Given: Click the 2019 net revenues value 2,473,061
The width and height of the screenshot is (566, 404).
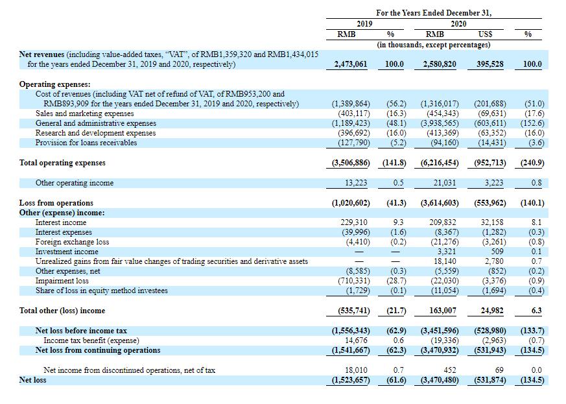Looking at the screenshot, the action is click(x=351, y=64).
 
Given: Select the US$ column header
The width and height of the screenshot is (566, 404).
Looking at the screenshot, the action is click(x=485, y=34).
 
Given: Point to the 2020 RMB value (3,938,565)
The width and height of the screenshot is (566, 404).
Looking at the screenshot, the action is click(x=440, y=123).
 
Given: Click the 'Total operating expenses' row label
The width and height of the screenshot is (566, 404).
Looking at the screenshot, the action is click(x=62, y=163).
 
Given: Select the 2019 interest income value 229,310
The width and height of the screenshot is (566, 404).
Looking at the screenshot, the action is click(x=354, y=222).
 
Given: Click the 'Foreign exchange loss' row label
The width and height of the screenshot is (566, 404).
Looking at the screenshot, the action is click(x=72, y=242).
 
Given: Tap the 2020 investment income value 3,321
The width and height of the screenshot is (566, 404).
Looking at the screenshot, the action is click(x=447, y=252).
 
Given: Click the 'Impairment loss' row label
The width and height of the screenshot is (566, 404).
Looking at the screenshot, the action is click(x=62, y=281).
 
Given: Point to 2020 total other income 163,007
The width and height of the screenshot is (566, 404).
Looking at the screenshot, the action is click(x=443, y=311).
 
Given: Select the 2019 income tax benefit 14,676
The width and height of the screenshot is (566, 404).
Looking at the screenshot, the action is click(x=356, y=340).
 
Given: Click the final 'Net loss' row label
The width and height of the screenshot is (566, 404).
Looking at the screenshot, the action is click(x=33, y=380).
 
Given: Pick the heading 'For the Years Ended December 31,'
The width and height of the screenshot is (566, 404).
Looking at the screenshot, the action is click(x=434, y=13).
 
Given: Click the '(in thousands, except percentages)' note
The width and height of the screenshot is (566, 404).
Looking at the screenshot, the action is click(x=434, y=45).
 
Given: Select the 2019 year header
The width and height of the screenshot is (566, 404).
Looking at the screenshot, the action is click(x=364, y=24).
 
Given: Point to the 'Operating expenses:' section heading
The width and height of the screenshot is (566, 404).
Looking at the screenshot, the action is click(x=55, y=84).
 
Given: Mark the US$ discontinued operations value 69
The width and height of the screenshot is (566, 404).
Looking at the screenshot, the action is click(x=499, y=370).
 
